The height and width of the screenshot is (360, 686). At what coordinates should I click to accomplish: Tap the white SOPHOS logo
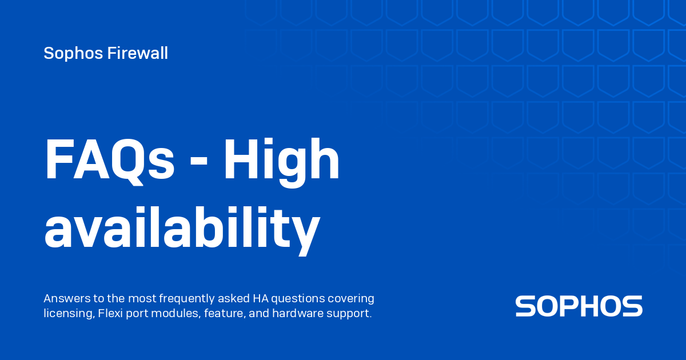579,306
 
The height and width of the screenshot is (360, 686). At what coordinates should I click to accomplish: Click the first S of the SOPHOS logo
525,306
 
